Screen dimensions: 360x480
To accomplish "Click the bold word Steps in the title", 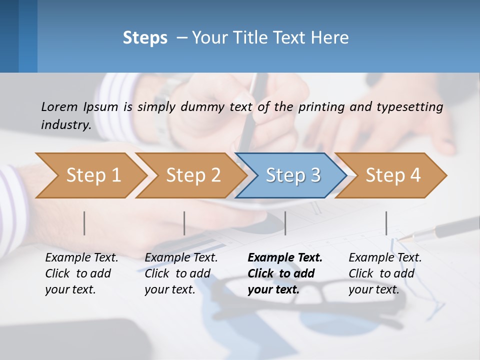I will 145,38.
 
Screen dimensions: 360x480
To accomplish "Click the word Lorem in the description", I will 59,106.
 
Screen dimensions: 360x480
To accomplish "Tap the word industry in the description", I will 65,124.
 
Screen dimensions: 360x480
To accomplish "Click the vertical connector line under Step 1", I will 84,223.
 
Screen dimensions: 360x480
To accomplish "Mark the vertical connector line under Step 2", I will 184,223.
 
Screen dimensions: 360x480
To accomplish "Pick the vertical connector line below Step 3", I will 285,223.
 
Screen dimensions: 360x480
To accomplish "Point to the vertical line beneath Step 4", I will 386,223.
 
